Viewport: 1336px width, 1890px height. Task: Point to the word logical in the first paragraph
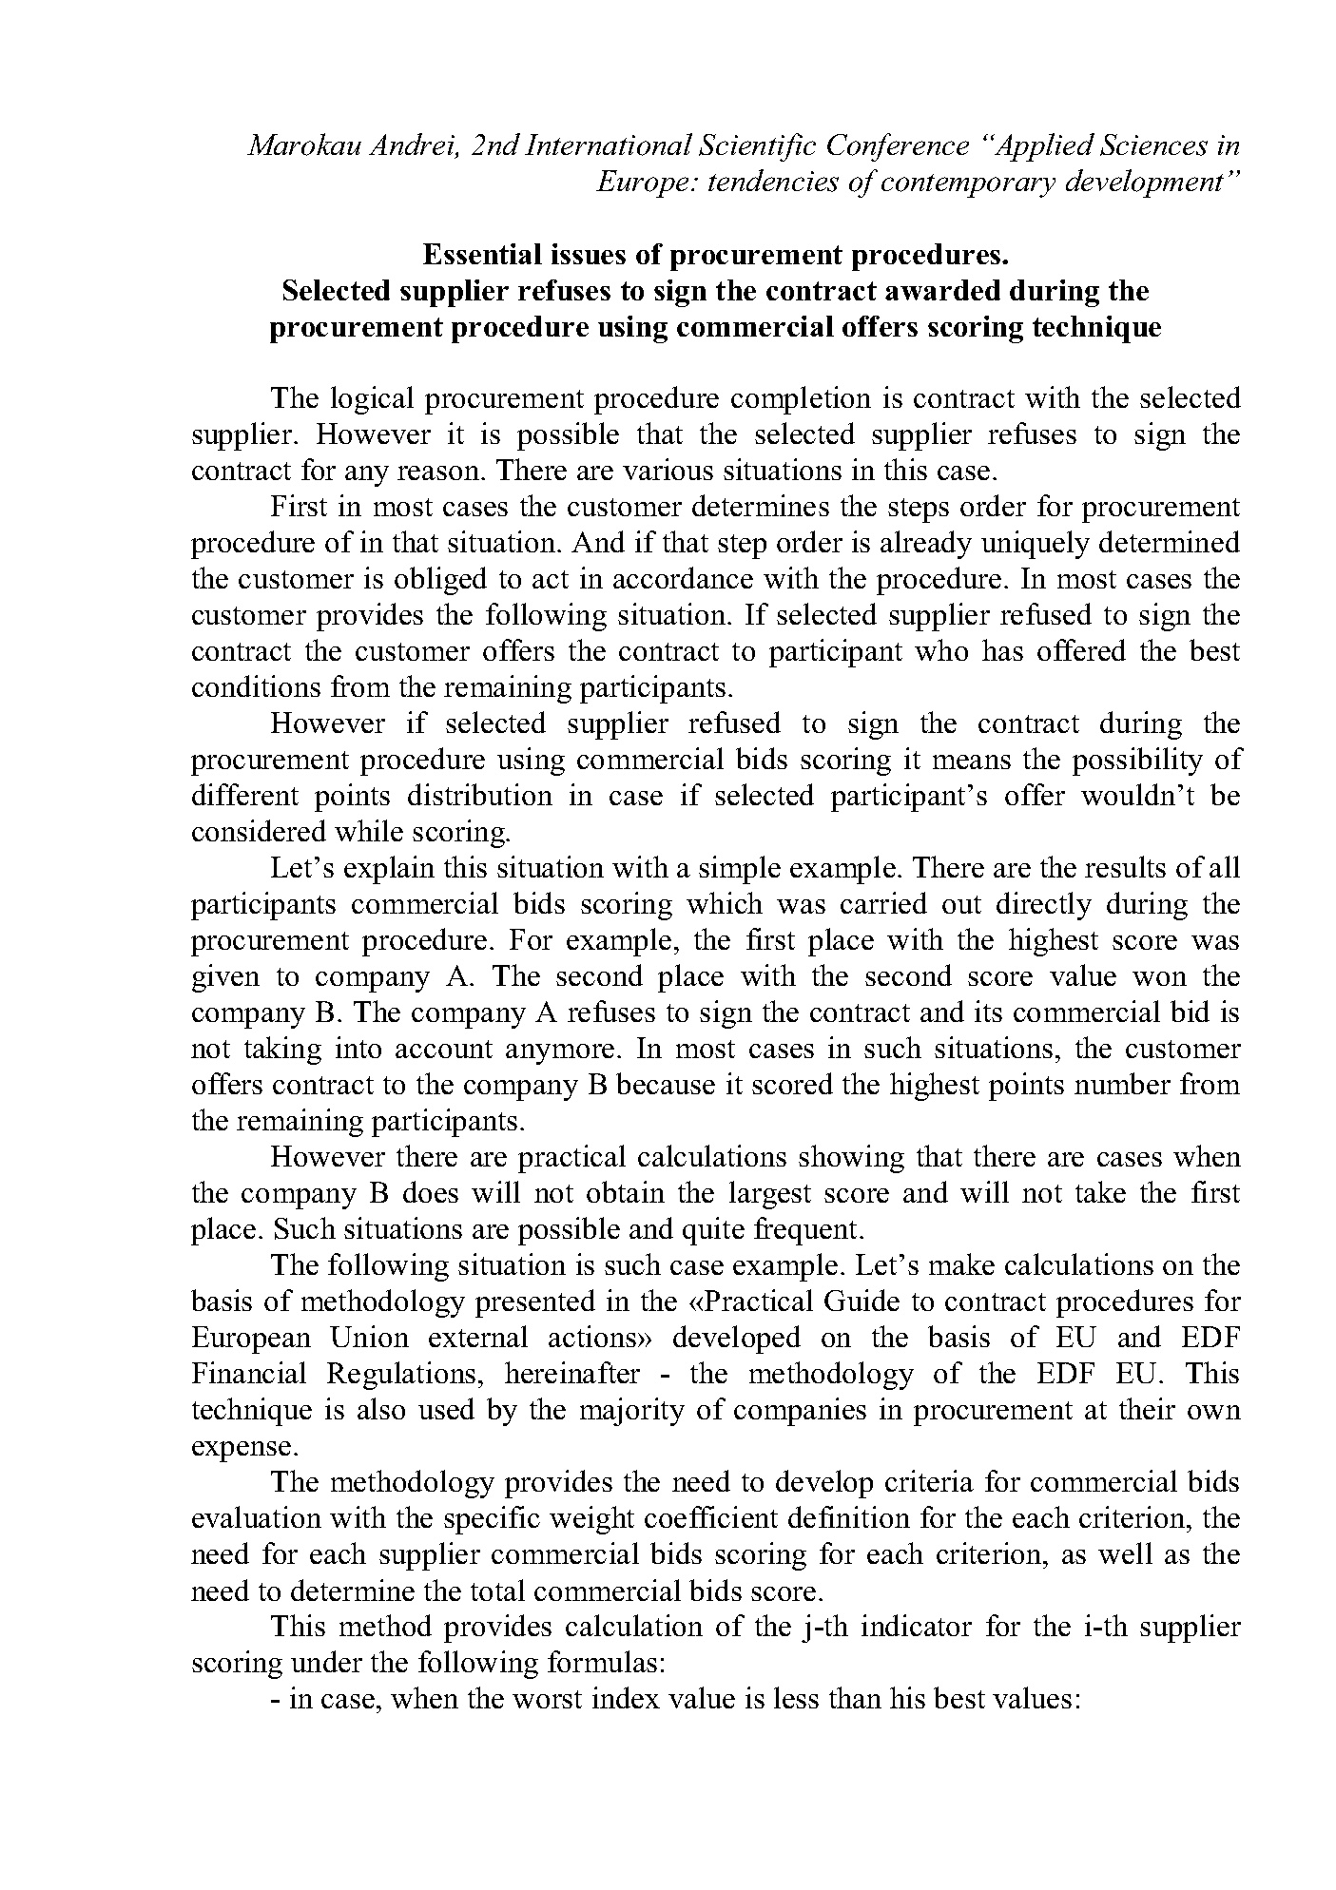point(365,399)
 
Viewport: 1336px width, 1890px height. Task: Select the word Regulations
point(409,1375)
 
